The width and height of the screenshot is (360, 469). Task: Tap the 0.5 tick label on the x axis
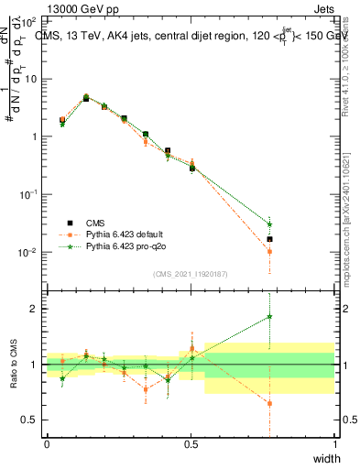point(191,444)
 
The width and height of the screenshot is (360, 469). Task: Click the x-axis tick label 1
point(334,444)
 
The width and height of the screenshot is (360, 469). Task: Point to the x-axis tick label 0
point(47,444)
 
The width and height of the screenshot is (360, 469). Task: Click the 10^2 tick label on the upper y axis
point(29,20)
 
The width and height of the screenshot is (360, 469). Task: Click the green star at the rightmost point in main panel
point(269,224)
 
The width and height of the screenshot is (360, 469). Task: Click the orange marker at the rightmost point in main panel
point(269,251)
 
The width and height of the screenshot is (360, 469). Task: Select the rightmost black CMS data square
point(269,239)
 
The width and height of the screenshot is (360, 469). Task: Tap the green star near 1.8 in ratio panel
point(269,317)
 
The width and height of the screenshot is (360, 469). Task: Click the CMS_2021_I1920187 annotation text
point(190,274)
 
